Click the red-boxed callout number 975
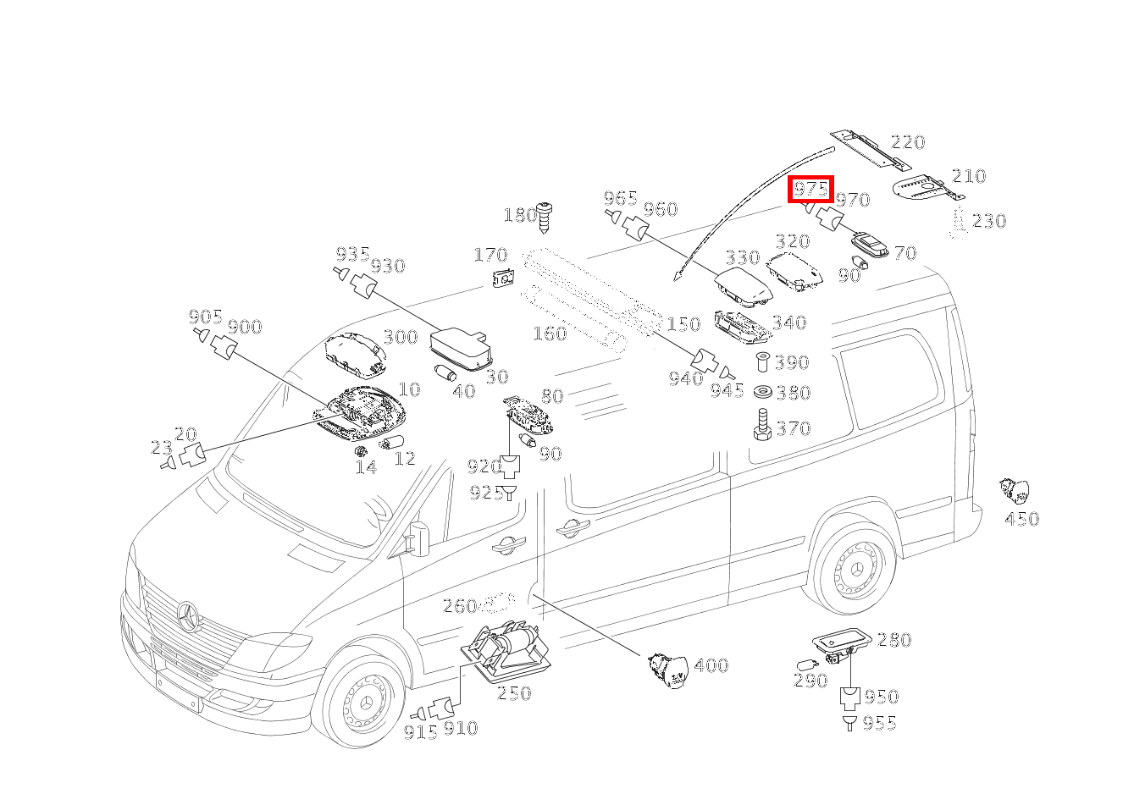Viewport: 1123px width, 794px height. point(810,189)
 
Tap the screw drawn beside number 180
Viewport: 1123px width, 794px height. point(544,218)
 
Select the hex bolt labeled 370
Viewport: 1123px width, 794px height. point(762,424)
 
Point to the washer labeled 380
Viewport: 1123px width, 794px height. point(763,392)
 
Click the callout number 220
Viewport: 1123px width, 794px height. point(908,142)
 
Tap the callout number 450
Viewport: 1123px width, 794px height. point(1022,519)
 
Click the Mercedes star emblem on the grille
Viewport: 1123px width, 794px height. point(188,617)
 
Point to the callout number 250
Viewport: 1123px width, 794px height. point(514,693)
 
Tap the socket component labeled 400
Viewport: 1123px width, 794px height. point(667,670)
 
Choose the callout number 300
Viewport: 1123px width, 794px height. point(401,337)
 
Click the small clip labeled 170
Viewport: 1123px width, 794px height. point(504,278)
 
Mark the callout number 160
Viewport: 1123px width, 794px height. point(550,334)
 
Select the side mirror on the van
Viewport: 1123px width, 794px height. point(419,539)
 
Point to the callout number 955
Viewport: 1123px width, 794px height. point(880,724)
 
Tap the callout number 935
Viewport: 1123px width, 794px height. point(352,254)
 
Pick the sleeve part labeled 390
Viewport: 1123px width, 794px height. point(762,361)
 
